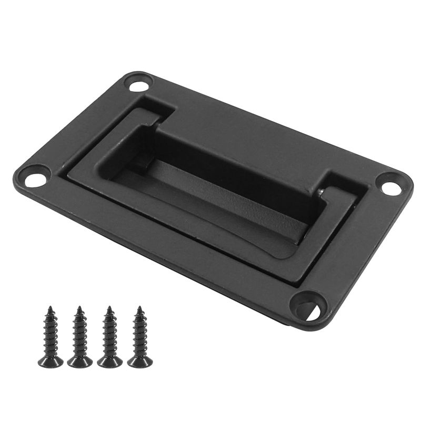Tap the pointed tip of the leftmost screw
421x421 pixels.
click(51, 307)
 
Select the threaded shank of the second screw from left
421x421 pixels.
click(80, 335)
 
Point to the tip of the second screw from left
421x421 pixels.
click(80, 307)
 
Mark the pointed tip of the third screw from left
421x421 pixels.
click(109, 307)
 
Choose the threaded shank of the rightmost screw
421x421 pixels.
click(140, 335)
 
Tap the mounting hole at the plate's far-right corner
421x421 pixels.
click(390, 187)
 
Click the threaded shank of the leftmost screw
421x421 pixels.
click(51, 335)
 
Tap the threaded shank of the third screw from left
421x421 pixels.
click(110, 335)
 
